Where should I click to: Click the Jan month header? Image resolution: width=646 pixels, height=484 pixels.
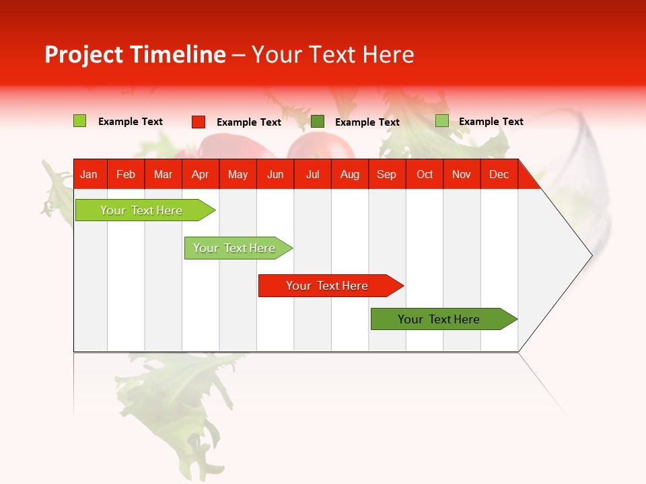coord(89,174)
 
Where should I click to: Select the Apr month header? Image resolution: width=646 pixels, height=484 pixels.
coord(201,174)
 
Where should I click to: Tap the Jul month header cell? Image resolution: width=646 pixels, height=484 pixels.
coord(313,174)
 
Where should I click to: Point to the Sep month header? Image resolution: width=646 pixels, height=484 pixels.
coord(387,174)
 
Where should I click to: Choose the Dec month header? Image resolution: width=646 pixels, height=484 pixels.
coord(499,174)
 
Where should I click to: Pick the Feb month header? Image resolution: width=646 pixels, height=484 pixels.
coord(126,174)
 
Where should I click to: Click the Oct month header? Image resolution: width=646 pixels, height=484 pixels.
coord(425,174)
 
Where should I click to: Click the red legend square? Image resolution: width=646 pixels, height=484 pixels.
coord(199,122)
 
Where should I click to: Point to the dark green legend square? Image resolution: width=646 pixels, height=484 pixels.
coord(318,121)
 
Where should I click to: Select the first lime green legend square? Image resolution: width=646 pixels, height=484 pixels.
coord(79,121)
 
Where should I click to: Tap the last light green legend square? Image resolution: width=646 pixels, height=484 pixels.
coord(442,121)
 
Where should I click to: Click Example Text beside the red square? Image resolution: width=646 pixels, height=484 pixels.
coord(248,122)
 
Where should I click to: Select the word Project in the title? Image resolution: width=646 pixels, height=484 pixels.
coord(84,54)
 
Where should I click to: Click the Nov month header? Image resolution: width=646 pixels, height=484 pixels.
coord(462,174)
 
